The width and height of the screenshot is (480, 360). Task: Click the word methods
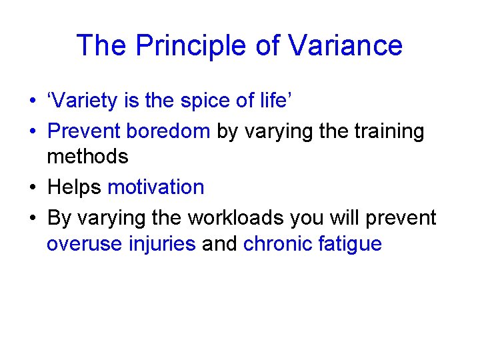(x=87, y=157)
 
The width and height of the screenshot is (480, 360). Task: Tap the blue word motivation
(x=156, y=187)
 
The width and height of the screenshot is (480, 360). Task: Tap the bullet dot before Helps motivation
(x=31, y=188)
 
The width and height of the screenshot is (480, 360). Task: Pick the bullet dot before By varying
(x=31, y=219)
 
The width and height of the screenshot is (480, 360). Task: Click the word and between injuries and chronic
(x=219, y=243)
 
